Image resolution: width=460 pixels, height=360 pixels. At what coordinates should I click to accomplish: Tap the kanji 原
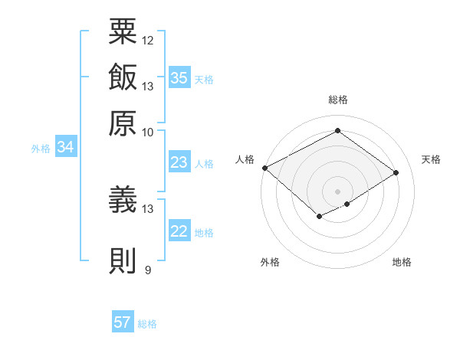coord(123,123)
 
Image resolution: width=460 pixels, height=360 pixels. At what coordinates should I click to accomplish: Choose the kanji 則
coord(123,260)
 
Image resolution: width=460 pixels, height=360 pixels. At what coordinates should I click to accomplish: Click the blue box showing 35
coord(179,77)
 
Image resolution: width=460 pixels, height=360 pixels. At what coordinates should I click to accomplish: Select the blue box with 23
coord(179,162)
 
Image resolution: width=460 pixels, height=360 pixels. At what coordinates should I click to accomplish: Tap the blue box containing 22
coord(179,231)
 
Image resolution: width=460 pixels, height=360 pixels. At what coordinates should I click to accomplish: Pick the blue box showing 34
coord(65,147)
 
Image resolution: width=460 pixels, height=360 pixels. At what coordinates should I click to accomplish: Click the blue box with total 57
coord(123,322)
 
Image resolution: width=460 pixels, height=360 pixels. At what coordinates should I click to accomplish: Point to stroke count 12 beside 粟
coord(148,40)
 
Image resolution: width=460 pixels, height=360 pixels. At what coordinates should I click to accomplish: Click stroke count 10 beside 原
coord(148,132)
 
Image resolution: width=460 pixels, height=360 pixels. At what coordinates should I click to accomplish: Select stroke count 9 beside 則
coord(148,270)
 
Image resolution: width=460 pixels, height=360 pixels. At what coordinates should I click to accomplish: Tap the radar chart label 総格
coord(337,100)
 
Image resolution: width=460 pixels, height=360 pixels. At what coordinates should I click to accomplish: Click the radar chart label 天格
coord(431,159)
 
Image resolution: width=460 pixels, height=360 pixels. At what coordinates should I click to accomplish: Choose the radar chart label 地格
coord(402,262)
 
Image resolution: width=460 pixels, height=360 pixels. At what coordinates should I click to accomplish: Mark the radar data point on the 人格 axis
coord(264,168)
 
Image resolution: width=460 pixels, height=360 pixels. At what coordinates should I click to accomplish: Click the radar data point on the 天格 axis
coord(396,173)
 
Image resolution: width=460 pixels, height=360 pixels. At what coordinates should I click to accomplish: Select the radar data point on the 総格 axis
coord(337,131)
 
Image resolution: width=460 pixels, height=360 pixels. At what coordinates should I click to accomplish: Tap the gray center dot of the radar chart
coord(337,191)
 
